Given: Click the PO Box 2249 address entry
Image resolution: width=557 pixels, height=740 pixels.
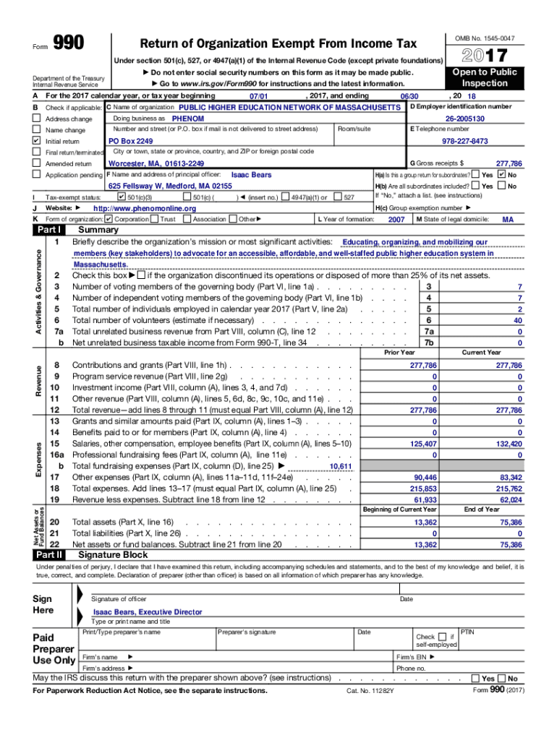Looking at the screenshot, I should click(x=130, y=141).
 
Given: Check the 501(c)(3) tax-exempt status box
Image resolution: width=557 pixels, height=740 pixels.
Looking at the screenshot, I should click(x=121, y=197).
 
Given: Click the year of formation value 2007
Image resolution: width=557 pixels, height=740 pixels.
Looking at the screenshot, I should click(x=396, y=219).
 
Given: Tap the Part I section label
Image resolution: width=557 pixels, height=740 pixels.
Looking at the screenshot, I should click(x=49, y=230).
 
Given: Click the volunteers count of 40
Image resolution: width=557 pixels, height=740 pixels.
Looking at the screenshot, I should click(x=517, y=320).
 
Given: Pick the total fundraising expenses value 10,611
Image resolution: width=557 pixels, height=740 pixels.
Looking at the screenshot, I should click(x=340, y=466).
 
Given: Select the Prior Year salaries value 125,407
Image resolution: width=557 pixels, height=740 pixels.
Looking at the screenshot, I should click(x=423, y=444).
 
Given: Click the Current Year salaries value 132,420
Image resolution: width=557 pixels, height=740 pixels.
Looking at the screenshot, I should click(x=508, y=444).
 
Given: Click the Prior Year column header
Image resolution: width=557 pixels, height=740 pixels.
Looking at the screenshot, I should click(x=399, y=352).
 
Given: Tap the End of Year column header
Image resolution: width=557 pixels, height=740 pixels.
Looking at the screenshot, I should click(x=482, y=509).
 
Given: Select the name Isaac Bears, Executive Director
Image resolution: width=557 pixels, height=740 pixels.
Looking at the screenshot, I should click(x=148, y=612).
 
